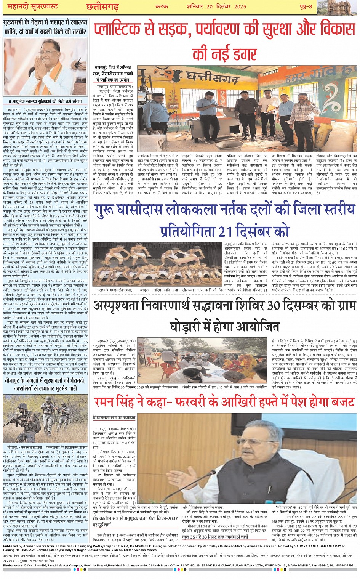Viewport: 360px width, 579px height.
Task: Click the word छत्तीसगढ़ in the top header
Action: (102, 6)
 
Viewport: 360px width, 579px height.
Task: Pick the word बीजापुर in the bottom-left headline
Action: (16, 381)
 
